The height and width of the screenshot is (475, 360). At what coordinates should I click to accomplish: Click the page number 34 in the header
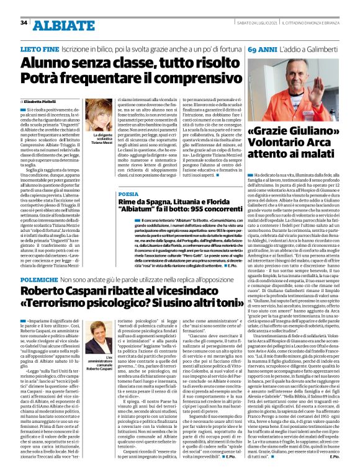24,23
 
